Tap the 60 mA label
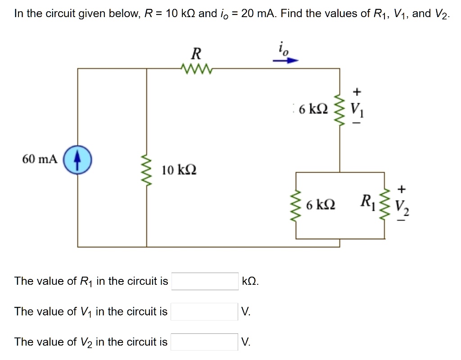coord(40,159)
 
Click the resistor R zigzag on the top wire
coord(196,69)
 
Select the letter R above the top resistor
coord(196,54)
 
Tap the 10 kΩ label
coord(179,170)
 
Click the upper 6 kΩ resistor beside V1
coord(340,110)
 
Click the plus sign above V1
coord(357,92)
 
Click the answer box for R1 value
coord(205,281)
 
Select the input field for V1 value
coord(205,311)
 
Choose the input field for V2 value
coord(205,342)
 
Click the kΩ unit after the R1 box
coord(250,282)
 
